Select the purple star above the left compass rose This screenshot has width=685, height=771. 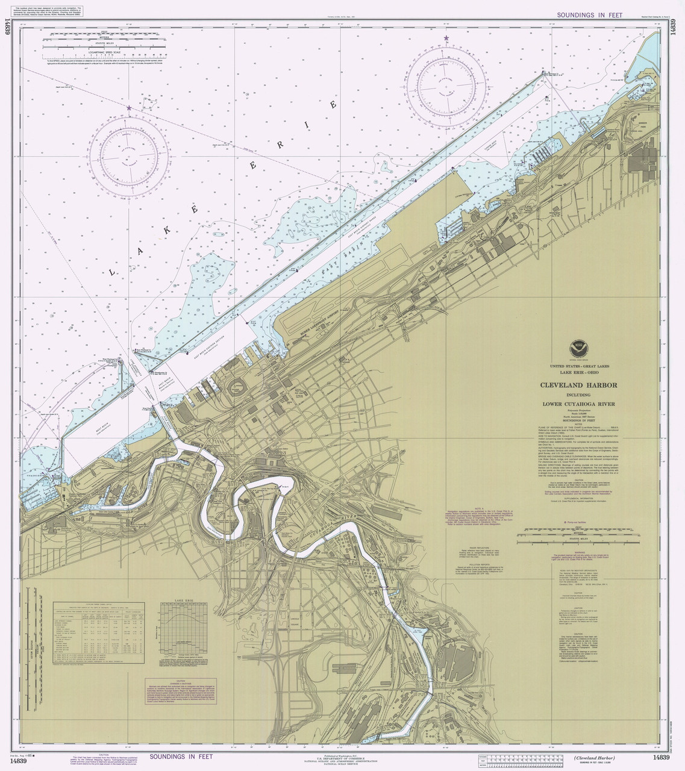(128, 108)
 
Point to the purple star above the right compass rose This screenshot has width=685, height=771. (446, 39)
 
